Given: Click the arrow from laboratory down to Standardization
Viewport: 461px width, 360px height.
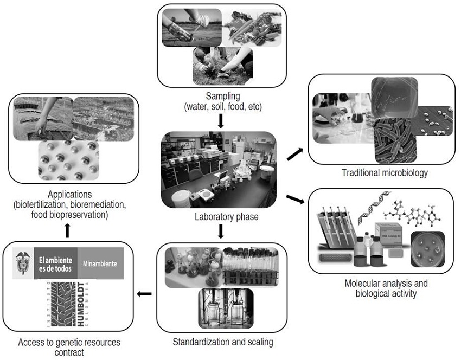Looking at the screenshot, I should pyautogui.click(x=220, y=232).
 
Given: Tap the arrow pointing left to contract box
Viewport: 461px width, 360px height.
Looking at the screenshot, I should pyautogui.click(x=144, y=294).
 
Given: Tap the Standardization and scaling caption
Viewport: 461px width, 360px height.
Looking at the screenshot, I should pyautogui.click(x=222, y=342).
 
